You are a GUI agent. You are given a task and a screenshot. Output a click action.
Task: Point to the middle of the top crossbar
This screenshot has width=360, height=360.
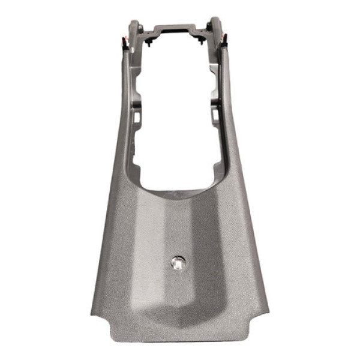point(173,29)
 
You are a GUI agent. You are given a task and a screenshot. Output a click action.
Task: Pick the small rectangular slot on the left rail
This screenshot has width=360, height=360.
point(136,117)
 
